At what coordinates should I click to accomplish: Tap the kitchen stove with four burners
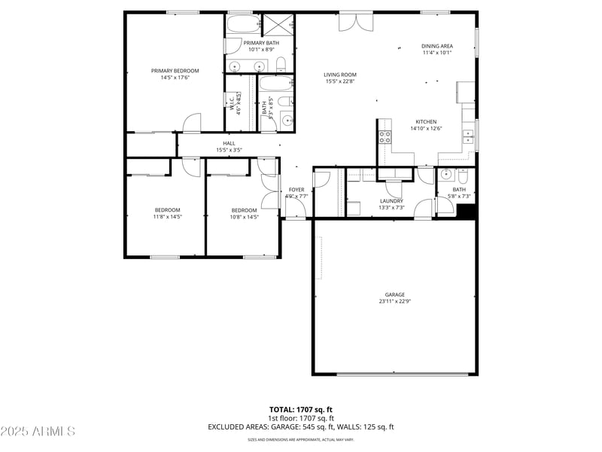tap(385, 136)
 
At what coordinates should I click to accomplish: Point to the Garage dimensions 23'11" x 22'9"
tap(394, 301)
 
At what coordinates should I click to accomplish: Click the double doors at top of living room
tap(354, 22)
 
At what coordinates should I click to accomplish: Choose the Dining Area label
tap(436, 47)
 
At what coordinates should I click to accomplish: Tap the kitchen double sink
tap(468, 136)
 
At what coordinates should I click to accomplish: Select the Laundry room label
tap(391, 200)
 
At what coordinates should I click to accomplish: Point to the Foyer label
tap(296, 190)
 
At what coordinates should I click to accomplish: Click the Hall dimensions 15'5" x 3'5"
tap(229, 150)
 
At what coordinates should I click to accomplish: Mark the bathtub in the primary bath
tap(242, 24)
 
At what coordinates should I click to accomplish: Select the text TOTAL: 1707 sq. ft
tap(301, 409)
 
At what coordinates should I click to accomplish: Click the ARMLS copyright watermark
tap(38, 432)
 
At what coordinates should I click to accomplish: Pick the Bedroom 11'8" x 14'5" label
tap(168, 213)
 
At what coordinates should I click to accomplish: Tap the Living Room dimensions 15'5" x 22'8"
tap(340, 81)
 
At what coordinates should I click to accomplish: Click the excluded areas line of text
tap(301, 427)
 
